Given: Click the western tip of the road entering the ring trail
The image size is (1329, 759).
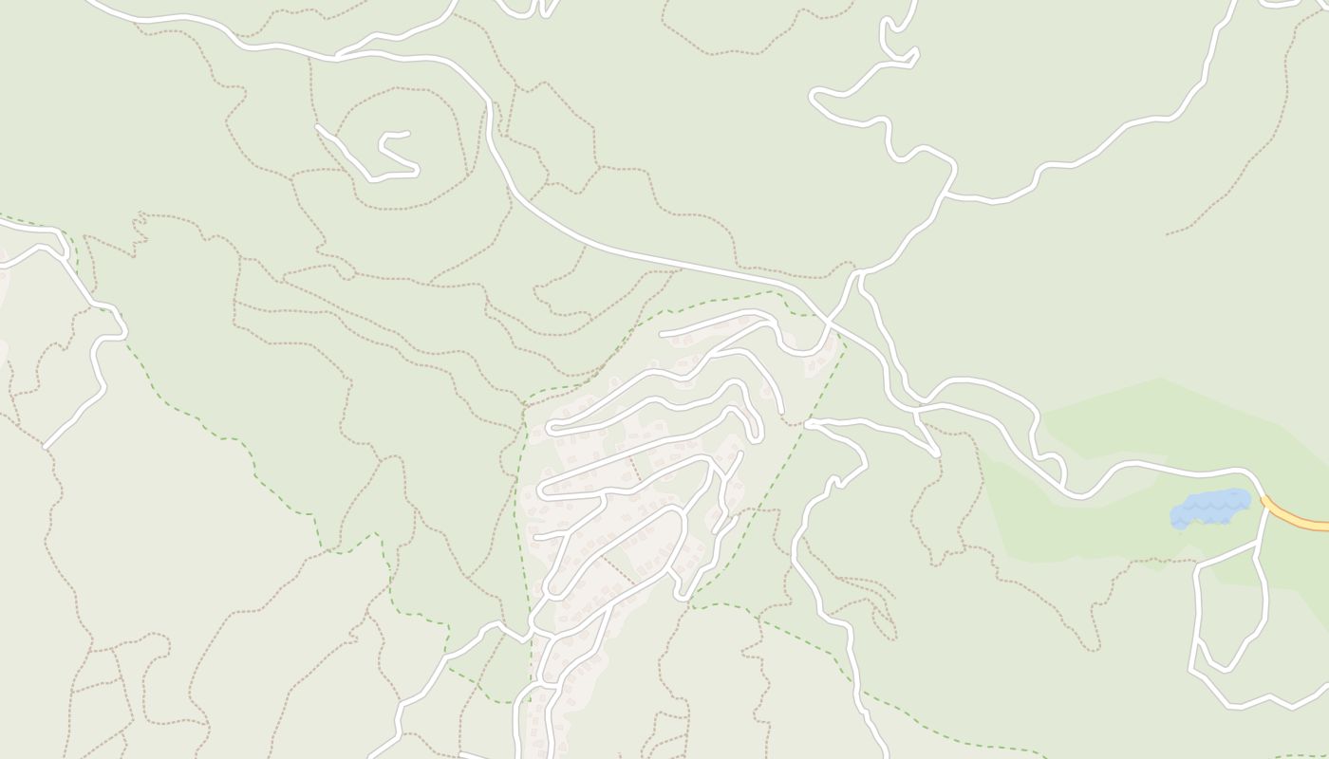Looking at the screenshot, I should tap(318, 126).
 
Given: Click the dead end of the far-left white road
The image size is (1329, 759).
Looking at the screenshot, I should tap(45, 446).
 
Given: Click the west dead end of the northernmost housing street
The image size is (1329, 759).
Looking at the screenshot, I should tap(662, 334).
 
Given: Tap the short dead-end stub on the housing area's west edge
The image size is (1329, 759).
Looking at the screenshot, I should tap(536, 538).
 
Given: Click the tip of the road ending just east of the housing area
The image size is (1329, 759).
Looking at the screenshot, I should tap(808, 424).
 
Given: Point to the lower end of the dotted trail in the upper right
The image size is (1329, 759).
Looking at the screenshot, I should tap(1168, 233).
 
